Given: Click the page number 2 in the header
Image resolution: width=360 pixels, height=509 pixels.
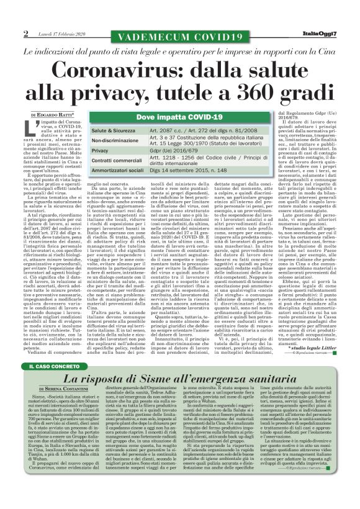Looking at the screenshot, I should pos(25,33).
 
